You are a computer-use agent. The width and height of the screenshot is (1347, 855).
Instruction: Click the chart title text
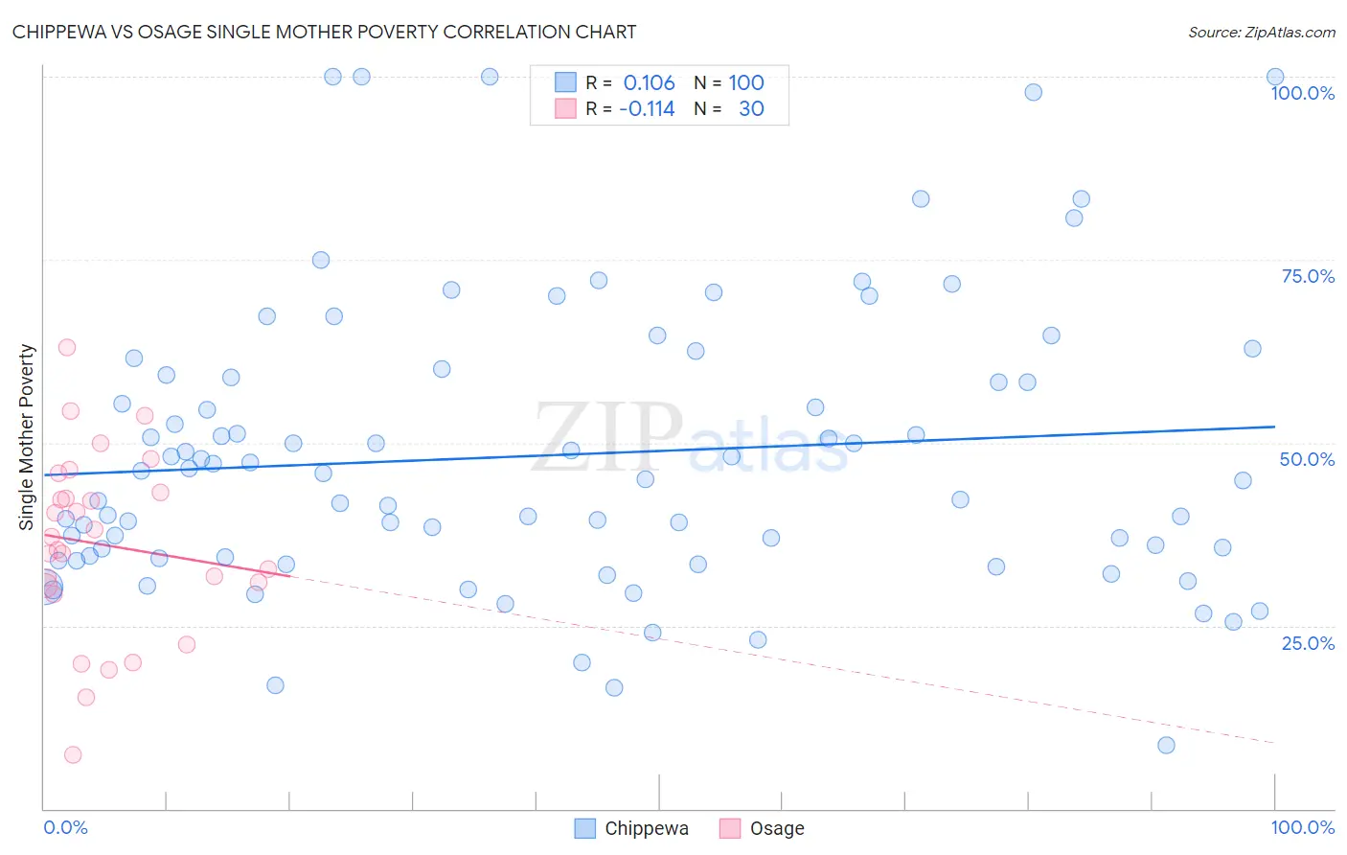[324, 32]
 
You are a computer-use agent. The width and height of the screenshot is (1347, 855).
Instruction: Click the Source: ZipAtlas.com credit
[1261, 32]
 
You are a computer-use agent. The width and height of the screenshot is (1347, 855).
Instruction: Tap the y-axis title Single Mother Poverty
[27, 437]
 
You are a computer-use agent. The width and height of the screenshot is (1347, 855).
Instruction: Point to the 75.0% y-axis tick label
[1308, 276]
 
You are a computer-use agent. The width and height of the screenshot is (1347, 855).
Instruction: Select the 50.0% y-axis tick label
[1307, 459]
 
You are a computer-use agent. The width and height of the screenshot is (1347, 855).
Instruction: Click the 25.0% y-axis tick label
[1308, 642]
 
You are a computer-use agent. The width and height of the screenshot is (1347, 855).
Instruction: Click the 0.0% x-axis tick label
[65, 827]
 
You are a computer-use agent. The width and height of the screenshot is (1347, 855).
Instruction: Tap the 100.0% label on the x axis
[1302, 827]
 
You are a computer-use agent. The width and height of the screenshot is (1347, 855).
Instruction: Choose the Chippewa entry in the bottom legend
[632, 828]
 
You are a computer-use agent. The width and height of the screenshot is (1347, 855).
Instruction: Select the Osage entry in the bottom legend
[763, 828]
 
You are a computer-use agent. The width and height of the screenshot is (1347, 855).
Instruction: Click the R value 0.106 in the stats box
[649, 82]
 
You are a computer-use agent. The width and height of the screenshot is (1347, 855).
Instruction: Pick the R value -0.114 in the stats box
[647, 108]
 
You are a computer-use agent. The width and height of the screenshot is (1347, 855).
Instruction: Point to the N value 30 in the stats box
[751, 108]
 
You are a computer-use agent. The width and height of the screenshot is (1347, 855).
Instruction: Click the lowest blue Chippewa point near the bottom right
[1166, 745]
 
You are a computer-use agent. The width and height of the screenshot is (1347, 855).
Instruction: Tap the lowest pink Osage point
[73, 754]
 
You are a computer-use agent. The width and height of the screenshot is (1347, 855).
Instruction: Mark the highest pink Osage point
[67, 347]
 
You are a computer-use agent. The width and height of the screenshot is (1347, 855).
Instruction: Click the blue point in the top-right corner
[1275, 77]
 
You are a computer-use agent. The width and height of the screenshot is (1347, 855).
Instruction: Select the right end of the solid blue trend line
[1274, 427]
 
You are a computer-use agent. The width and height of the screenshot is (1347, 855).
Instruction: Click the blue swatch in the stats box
[565, 82]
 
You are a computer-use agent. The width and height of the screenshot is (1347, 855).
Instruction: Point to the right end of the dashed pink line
[1274, 743]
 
